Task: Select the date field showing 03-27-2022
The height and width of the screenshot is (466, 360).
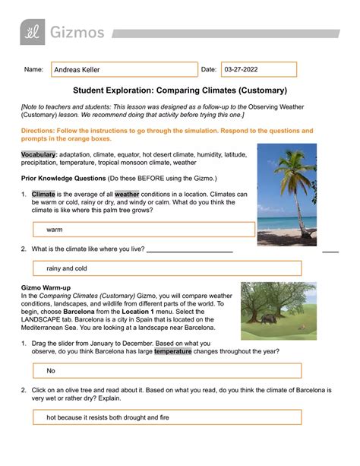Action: (258, 70)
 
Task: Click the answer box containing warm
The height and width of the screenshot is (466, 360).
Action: (144, 229)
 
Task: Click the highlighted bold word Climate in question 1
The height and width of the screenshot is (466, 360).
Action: (44, 194)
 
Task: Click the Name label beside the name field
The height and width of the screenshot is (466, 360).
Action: (33, 70)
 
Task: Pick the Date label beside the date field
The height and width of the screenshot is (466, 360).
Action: (208, 70)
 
